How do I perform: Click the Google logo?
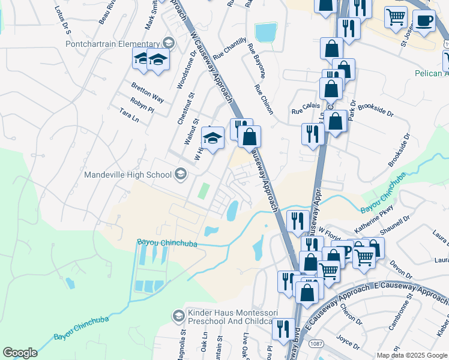20,353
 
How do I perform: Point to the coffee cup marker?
426,20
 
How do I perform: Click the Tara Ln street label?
129,114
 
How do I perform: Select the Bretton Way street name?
148,92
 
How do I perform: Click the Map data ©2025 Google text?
412,355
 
